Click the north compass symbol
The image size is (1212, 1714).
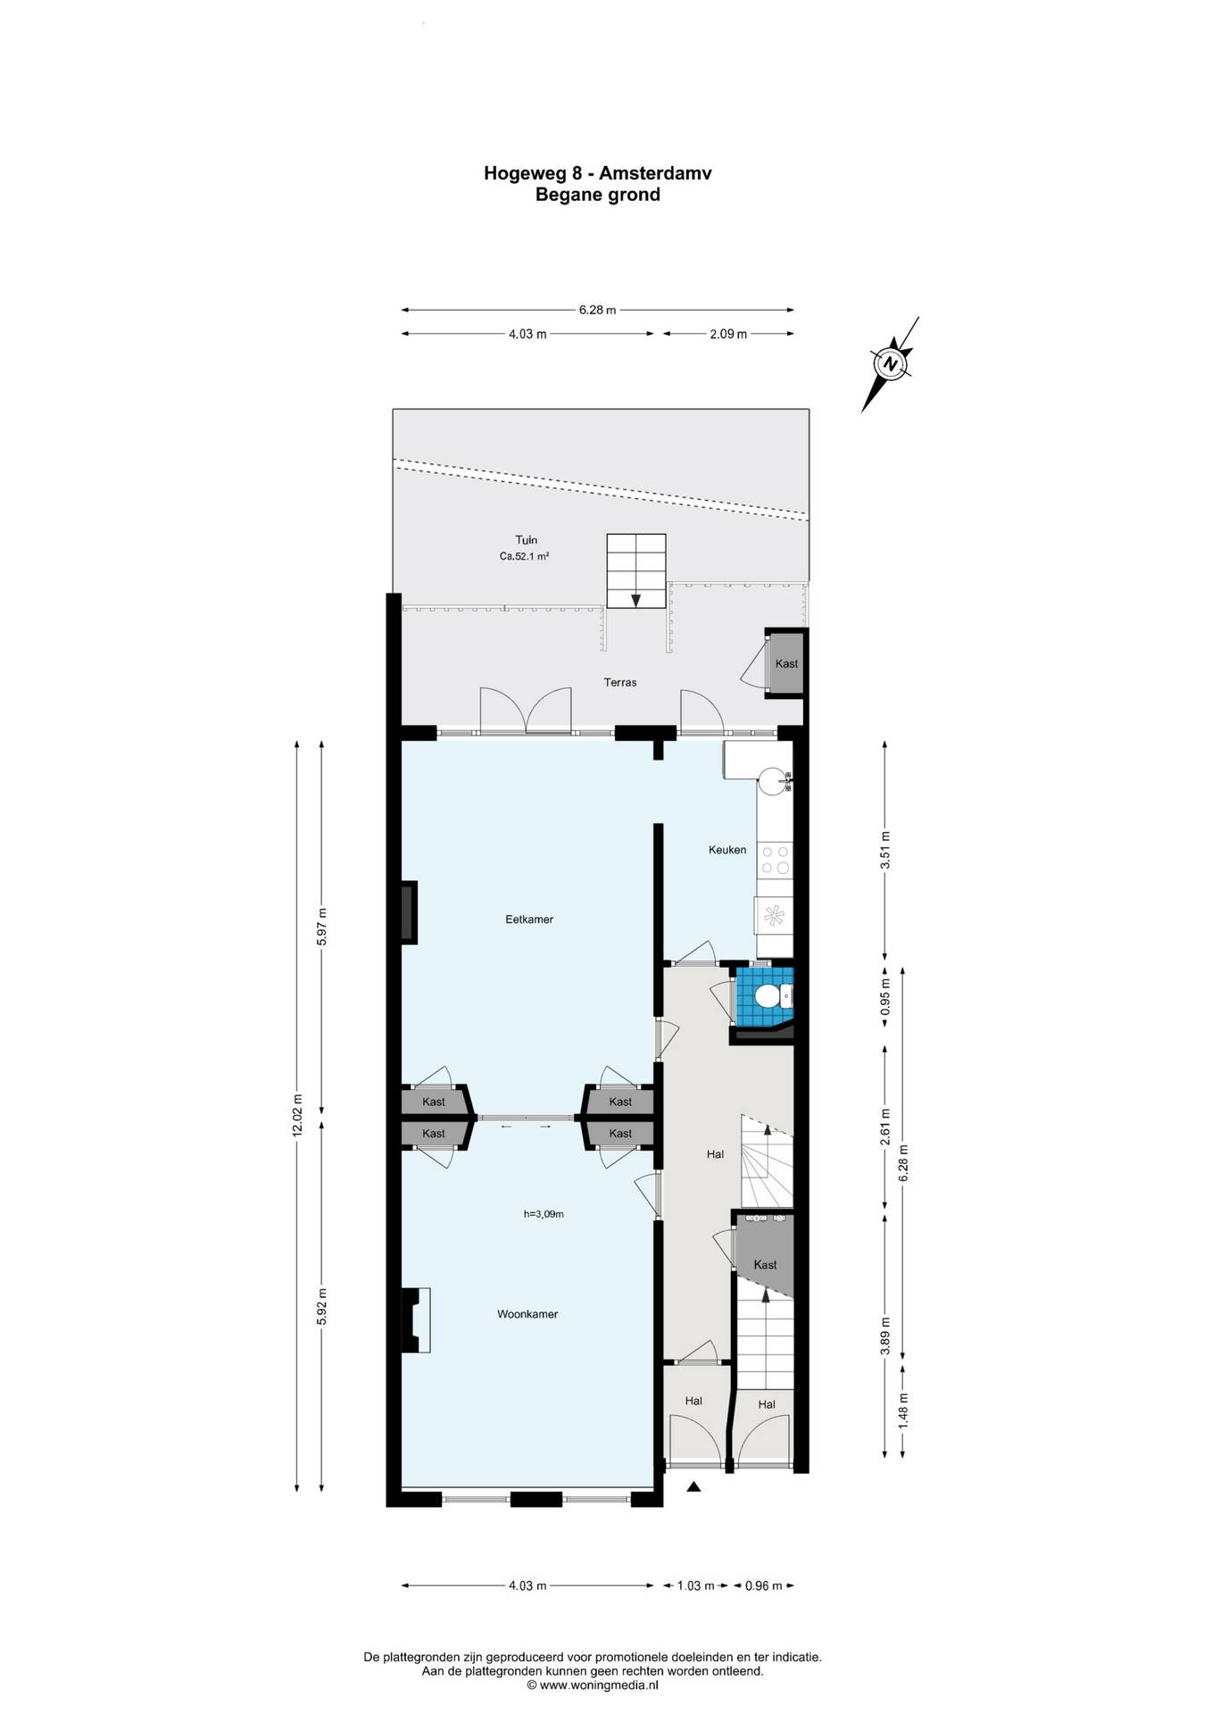tap(890, 364)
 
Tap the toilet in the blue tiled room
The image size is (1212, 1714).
tap(769, 994)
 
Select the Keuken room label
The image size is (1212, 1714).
tap(727, 850)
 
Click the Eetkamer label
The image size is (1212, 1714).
tap(529, 919)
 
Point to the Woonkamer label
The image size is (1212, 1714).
tap(527, 1314)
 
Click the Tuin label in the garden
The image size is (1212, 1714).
tap(527, 540)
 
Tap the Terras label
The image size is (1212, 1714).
tap(620, 682)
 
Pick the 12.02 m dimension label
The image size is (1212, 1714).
tap(297, 1115)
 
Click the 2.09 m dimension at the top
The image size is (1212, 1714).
tap(728, 334)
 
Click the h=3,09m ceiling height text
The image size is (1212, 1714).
tap(544, 1214)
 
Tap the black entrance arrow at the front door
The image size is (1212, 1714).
tap(693, 1487)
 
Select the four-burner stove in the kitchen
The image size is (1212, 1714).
tap(775, 860)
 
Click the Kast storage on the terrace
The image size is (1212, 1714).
tap(786, 663)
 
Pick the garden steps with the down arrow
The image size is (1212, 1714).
tap(636, 571)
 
